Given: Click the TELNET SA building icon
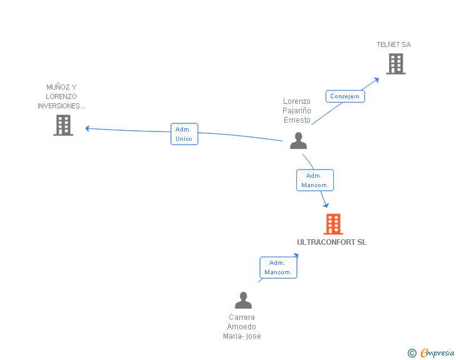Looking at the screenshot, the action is [x=396, y=64].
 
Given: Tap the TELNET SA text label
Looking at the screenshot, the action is [x=394, y=44].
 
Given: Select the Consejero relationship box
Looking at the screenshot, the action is [x=345, y=96].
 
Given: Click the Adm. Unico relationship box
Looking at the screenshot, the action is [x=184, y=134].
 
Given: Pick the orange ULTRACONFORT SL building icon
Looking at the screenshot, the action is [x=333, y=224].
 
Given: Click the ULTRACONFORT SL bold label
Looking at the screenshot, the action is [x=331, y=242].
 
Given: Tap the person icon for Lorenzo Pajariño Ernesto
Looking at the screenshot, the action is [x=298, y=141].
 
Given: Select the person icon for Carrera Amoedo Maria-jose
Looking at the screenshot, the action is [x=243, y=300].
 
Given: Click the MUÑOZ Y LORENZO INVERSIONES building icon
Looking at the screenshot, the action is [x=63, y=125].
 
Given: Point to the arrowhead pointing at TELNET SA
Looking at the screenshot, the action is [x=376, y=80].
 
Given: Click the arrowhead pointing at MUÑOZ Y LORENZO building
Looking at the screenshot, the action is [x=87, y=128].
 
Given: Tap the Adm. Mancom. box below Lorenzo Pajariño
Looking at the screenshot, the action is [x=315, y=180].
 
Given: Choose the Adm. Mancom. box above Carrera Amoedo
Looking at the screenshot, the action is [x=278, y=267].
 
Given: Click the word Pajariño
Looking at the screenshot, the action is [x=297, y=111].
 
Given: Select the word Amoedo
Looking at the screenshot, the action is [x=241, y=327].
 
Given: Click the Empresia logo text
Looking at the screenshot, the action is [x=437, y=352].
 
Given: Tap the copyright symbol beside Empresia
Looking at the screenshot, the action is [x=412, y=353].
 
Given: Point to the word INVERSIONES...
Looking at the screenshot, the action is [x=61, y=106].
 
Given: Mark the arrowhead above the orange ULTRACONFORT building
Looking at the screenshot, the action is [x=326, y=205].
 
